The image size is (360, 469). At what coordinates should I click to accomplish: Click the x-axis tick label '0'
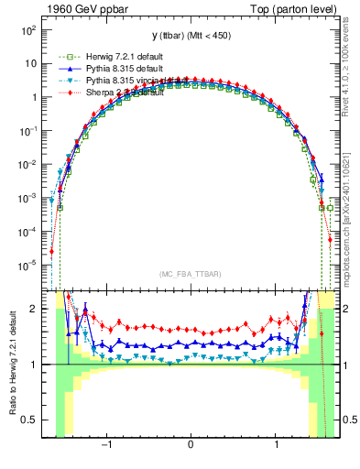tap(191, 446)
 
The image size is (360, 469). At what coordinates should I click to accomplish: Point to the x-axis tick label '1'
tap(277, 446)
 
